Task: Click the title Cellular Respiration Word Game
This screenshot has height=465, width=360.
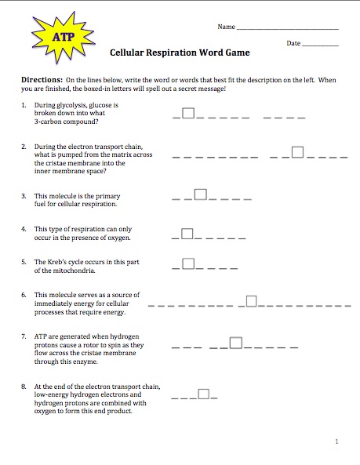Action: coord(180,53)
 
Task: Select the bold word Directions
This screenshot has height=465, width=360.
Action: coord(42,81)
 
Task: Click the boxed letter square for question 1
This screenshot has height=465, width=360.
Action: coord(187,114)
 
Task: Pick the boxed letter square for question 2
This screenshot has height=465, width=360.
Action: coord(296,151)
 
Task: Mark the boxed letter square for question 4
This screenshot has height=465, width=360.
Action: coord(187,233)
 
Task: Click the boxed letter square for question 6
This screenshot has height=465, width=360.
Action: coord(251,300)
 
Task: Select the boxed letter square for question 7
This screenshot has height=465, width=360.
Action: coord(236,342)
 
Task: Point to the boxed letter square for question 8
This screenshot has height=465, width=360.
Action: coord(204,394)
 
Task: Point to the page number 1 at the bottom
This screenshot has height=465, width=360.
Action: coord(336,442)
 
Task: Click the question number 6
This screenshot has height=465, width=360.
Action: coord(25,294)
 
